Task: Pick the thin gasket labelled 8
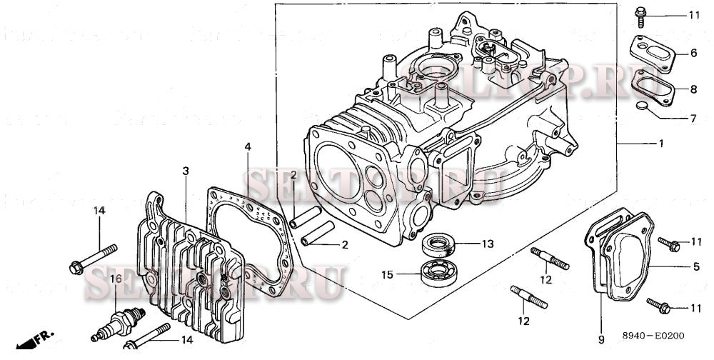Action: pos(654,89)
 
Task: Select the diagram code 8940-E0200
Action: pos(651,334)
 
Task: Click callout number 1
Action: pos(661,144)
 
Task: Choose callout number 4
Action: pos(247,146)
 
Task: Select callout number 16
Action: pos(111,279)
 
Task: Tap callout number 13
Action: pos(487,244)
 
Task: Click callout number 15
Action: pos(387,274)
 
